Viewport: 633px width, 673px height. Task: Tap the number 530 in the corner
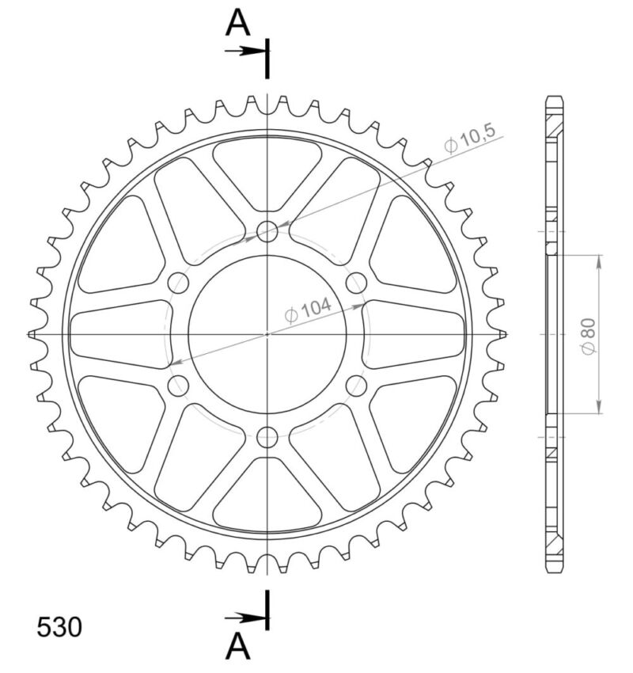coord(59,628)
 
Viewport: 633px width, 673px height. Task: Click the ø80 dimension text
coord(587,337)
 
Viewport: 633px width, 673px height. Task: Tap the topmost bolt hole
coord(268,231)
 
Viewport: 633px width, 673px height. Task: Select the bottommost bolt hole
coord(268,436)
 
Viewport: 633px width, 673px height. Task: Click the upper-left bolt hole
coord(180,283)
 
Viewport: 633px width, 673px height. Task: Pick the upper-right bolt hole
coord(357,283)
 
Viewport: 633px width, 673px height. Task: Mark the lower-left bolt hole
coord(180,386)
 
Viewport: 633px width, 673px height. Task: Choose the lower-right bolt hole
coord(357,386)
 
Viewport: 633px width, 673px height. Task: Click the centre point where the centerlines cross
coord(268,334)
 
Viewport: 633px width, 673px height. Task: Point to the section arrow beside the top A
coord(245,51)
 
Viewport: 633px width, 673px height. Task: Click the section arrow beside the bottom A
coord(245,617)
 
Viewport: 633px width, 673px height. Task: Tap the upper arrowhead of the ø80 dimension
coord(599,261)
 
